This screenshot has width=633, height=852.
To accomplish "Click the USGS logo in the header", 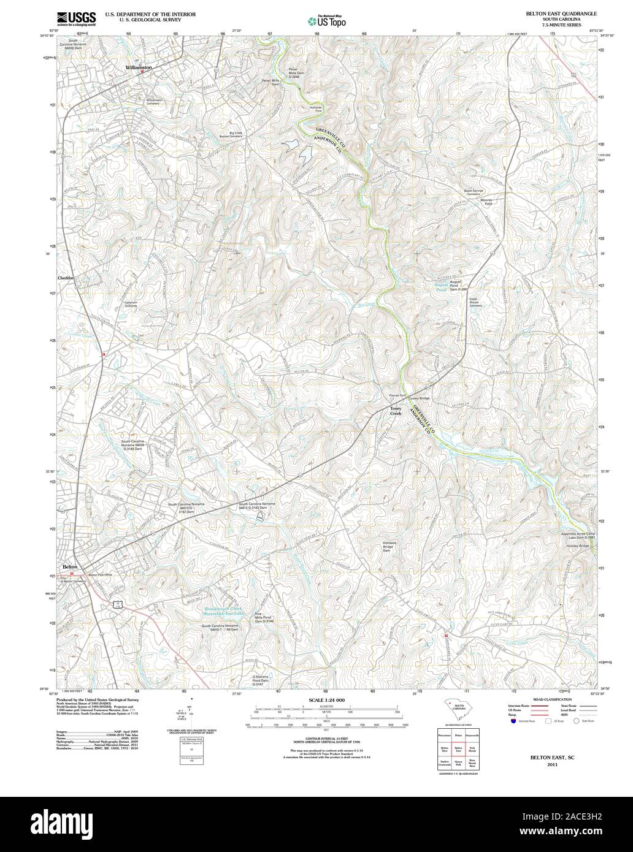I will pos(76,18).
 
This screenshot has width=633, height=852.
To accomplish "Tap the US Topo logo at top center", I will pos(326,21).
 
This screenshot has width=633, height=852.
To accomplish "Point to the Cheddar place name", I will pos(65,278).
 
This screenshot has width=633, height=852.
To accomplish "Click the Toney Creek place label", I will pos(396,411).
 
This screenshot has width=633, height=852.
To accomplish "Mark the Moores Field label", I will pos(486,202).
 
